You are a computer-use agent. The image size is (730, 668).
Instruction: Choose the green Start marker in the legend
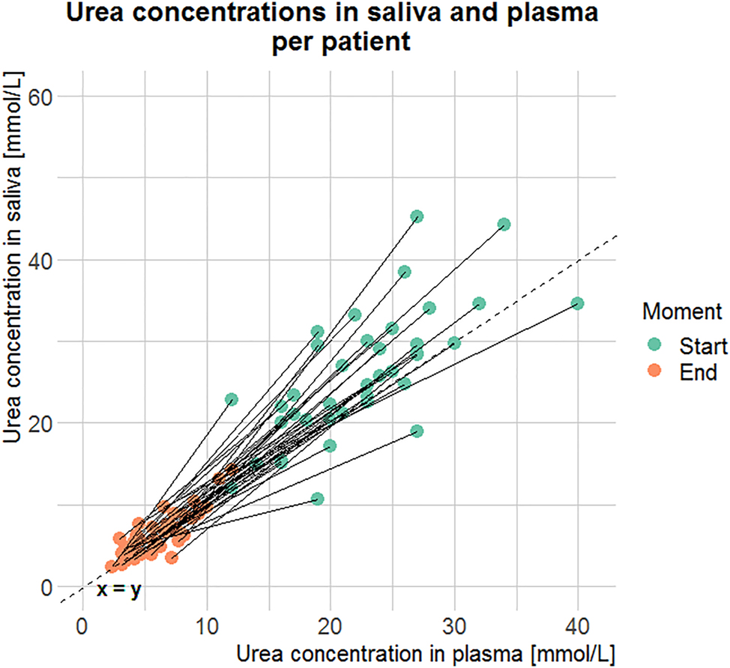click(x=654, y=344)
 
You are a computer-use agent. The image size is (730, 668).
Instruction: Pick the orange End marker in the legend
click(x=654, y=370)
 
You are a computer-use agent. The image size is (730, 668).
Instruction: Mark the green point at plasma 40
click(x=577, y=303)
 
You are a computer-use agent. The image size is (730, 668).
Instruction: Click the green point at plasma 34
click(x=504, y=224)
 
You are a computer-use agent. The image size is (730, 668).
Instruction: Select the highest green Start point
click(x=417, y=216)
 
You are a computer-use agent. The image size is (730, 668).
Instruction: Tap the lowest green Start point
click(x=318, y=499)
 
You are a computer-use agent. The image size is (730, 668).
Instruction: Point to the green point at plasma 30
click(x=453, y=343)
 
